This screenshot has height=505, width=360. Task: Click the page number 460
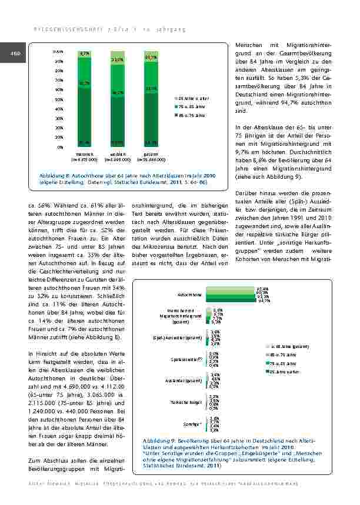15,55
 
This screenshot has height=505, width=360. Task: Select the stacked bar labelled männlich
84,100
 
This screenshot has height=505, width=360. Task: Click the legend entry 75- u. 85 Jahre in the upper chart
192,106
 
